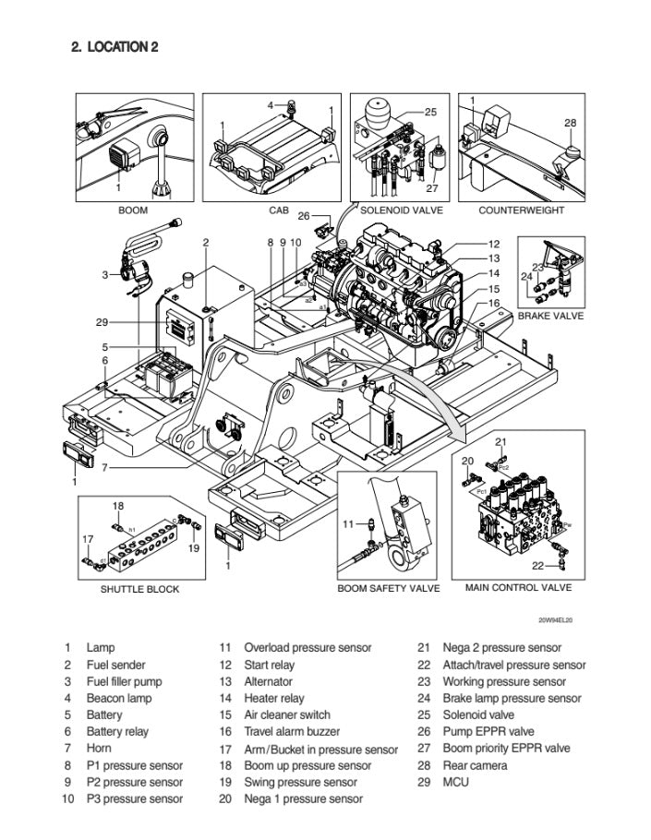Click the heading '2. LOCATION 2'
(x=115, y=47)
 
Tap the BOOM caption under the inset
(x=133, y=210)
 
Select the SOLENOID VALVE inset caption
(x=402, y=210)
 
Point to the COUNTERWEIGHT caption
(x=522, y=210)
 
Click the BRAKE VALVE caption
(x=550, y=316)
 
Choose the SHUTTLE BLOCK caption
(x=139, y=589)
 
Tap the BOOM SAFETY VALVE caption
(x=388, y=588)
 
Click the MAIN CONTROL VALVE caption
(x=518, y=587)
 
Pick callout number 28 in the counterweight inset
(x=570, y=123)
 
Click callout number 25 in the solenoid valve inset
(x=430, y=112)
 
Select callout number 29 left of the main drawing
(x=102, y=322)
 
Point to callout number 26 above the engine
(x=304, y=216)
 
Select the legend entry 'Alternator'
(x=269, y=681)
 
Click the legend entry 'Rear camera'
(x=475, y=765)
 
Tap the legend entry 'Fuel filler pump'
(x=124, y=681)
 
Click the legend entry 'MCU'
(x=455, y=782)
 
